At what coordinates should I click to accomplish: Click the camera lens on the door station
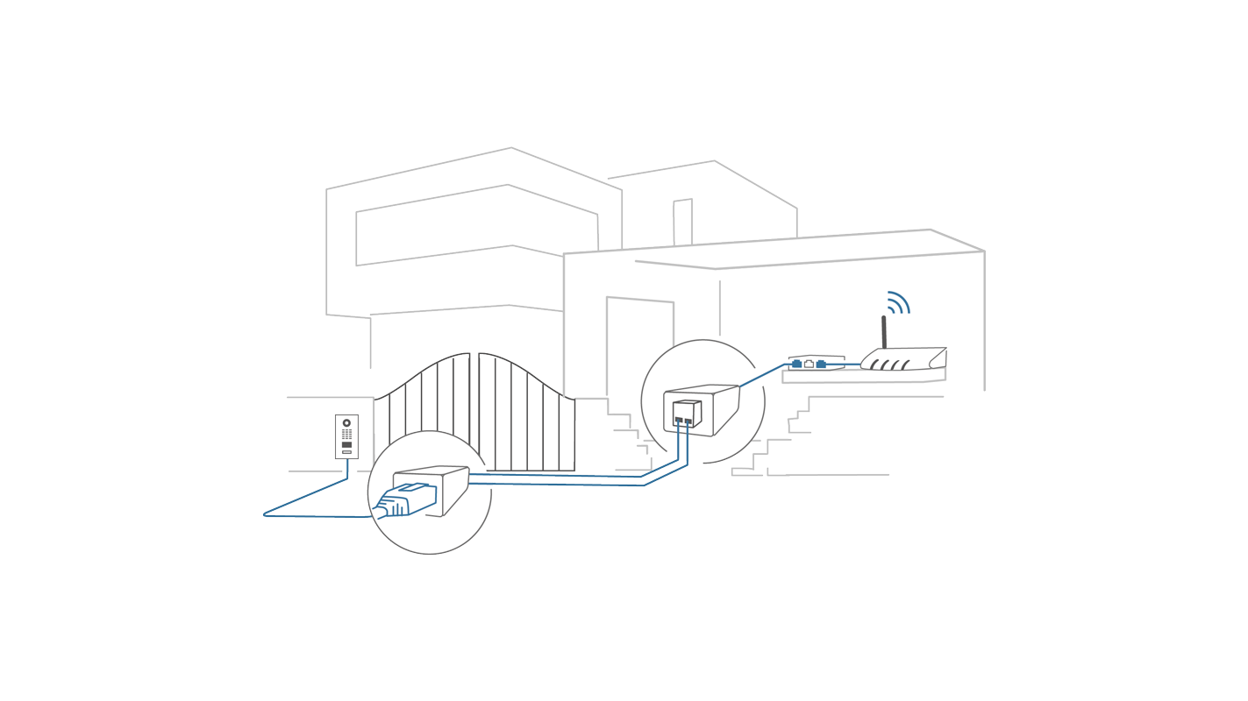tap(346, 423)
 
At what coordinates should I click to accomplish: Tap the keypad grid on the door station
tap(346, 434)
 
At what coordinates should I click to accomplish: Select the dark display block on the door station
tap(346, 445)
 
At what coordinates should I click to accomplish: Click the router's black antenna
tap(884, 332)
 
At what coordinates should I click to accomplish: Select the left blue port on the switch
tap(796, 364)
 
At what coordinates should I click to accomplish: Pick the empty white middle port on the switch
tap(809, 364)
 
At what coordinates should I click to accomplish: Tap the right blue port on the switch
tap(821, 364)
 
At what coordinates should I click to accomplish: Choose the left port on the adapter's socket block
tap(679, 420)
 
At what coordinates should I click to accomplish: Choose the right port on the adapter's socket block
tap(688, 421)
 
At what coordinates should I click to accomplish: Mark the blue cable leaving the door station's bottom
tap(347, 469)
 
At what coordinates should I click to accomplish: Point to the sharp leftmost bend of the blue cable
tap(265, 514)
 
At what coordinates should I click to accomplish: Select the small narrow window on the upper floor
tap(682, 223)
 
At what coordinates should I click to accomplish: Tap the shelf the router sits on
tap(864, 376)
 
